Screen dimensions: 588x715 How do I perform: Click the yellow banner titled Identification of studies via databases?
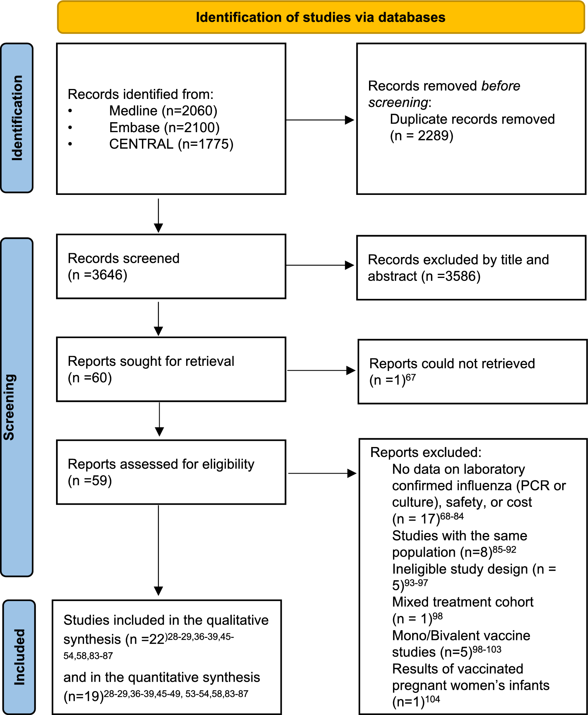(321, 17)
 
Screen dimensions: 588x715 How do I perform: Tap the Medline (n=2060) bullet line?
(163, 111)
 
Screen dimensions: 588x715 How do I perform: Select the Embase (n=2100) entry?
(164, 127)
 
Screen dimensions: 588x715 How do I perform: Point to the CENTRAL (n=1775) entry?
(171, 144)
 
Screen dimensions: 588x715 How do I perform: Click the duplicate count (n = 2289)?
(422, 136)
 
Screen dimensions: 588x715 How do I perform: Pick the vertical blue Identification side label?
(17, 118)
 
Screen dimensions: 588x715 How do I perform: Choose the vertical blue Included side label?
(19, 657)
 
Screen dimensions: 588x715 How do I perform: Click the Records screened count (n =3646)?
(98, 275)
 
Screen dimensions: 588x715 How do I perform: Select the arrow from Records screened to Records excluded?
(320, 265)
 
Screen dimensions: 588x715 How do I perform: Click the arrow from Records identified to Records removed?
(320, 120)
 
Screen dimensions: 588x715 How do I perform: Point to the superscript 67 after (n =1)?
(411, 378)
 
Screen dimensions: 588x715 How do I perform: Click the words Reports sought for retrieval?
(151, 361)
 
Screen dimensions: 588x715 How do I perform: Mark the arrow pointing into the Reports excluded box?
(322, 473)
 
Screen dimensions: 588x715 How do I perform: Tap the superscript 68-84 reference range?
(452, 516)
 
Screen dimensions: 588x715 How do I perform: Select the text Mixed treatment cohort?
(463, 602)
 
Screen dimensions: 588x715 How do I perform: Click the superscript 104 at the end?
(433, 699)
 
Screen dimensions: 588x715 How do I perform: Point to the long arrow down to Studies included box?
(159, 550)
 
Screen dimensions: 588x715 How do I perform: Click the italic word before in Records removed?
(501, 86)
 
